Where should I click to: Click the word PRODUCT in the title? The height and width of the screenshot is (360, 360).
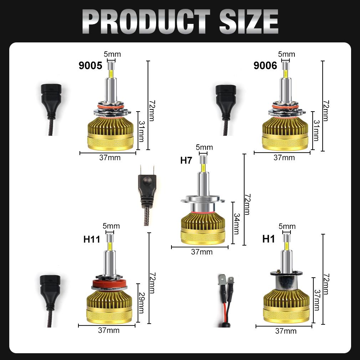point(146,22)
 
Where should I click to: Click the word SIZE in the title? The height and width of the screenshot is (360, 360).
point(249,22)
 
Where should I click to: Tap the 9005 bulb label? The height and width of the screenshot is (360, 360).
point(91,66)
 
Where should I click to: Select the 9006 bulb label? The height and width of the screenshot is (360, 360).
point(265,66)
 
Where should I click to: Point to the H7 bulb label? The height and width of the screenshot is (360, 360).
point(186,160)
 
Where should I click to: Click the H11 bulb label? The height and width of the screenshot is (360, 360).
point(92,239)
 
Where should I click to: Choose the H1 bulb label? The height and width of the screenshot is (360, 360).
point(268,239)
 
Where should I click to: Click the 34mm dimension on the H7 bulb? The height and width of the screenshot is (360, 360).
point(237,223)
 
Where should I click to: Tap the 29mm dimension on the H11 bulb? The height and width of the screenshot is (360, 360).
point(141,303)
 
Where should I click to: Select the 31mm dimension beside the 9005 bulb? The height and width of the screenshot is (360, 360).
point(141,131)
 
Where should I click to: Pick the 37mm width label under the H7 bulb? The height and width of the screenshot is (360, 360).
point(202,252)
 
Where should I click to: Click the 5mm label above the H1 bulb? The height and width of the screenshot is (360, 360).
point(287,226)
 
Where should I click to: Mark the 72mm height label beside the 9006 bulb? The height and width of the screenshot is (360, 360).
point(326,110)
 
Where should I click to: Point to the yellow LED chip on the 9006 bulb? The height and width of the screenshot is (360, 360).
point(286,74)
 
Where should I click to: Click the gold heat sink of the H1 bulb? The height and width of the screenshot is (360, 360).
point(286,306)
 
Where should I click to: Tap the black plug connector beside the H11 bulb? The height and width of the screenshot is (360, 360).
point(50,301)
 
